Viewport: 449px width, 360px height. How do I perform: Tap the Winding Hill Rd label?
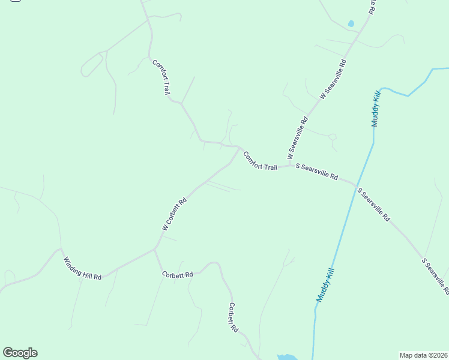click(83, 268)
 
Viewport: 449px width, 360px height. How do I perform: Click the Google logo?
click(20, 353)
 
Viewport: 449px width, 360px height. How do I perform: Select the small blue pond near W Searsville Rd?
click(351, 24)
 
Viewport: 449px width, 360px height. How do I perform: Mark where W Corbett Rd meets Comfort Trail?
click(241, 148)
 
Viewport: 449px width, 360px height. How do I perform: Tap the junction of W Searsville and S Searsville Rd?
click(291, 165)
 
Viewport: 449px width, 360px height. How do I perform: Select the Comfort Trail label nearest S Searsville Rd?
click(260, 161)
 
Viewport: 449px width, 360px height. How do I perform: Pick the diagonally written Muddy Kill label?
click(325, 284)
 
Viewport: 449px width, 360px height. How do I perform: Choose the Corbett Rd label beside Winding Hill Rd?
click(177, 275)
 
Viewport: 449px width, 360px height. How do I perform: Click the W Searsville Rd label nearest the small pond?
click(333, 79)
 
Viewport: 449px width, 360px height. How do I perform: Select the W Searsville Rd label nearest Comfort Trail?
click(298, 137)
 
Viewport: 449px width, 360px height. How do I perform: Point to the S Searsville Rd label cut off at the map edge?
click(435, 276)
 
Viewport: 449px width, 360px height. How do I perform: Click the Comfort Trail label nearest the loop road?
click(161, 77)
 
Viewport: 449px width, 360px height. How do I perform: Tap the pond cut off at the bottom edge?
click(286, 356)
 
